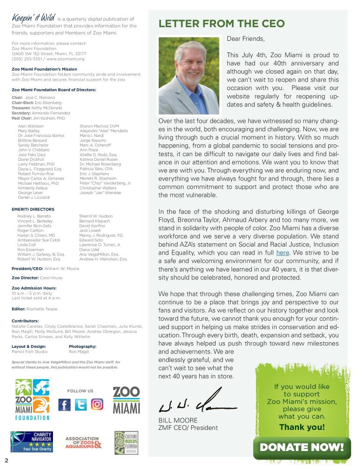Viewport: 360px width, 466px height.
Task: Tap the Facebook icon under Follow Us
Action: (x=65, y=404)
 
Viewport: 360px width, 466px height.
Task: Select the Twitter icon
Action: (x=81, y=404)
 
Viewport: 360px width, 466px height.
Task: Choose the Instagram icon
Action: (x=97, y=404)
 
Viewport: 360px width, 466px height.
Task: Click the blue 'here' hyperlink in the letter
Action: (x=283, y=253)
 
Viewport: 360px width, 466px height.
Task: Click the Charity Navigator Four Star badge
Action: (x=31, y=442)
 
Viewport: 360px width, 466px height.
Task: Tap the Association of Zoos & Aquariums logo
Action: (x=82, y=443)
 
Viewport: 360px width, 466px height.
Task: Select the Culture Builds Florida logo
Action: (x=126, y=443)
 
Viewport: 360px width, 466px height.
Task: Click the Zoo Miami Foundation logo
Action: (x=32, y=399)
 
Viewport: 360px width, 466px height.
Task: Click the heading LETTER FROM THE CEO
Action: (x=221, y=24)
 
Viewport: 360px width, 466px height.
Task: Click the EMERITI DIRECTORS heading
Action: (x=33, y=209)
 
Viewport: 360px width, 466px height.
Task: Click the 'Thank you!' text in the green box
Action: (x=301, y=427)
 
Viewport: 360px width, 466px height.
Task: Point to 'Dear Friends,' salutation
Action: (x=246, y=38)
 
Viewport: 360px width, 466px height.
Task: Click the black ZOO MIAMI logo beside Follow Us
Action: (x=127, y=400)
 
